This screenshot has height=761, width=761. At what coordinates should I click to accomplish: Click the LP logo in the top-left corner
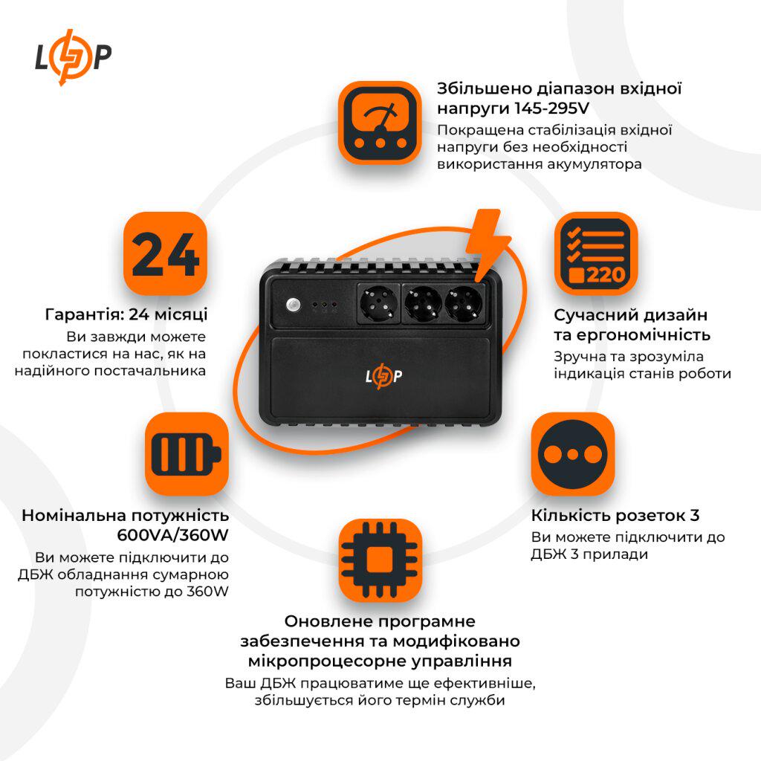(x=74, y=57)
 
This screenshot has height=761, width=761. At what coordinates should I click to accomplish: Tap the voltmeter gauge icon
(x=380, y=122)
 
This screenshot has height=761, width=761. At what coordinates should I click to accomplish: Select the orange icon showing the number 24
(x=164, y=253)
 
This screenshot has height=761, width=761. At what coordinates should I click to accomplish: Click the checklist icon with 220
(x=596, y=253)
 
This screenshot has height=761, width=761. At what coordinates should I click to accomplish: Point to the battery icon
(x=186, y=453)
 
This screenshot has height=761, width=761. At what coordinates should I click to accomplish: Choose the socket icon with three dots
(x=572, y=453)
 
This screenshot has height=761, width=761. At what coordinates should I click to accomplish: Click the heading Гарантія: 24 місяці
(x=126, y=314)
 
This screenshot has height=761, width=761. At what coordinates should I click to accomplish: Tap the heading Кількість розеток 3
(x=615, y=515)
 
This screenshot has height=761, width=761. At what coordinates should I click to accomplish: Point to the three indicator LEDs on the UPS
(x=325, y=305)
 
